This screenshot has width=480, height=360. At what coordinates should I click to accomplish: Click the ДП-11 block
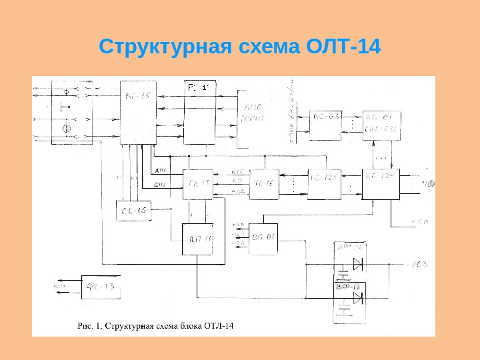[197, 239]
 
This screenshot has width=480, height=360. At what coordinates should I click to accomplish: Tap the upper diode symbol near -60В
[358, 264]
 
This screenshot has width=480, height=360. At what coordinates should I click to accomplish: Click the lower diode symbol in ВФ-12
[358, 298]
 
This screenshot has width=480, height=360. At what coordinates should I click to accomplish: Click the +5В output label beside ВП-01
[239, 225]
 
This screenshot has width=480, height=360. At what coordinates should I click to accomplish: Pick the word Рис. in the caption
[85, 326]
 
